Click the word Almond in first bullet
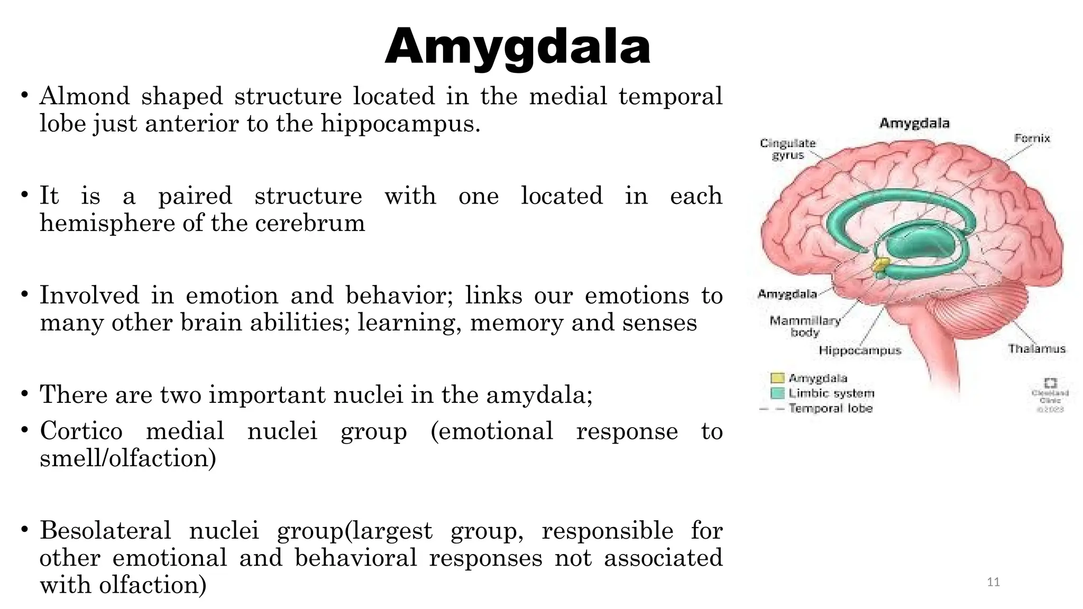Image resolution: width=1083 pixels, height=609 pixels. pyautogui.click(x=85, y=97)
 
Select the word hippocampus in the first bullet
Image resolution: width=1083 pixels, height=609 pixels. pyautogui.click(x=400, y=124)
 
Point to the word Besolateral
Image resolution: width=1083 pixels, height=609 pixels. pyautogui.click(x=105, y=531)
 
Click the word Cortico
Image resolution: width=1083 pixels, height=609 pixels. pyautogui.click(x=81, y=431)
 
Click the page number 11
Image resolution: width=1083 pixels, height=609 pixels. pyautogui.click(x=993, y=583)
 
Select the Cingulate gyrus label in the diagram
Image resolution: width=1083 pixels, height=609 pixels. pyautogui.click(x=787, y=149)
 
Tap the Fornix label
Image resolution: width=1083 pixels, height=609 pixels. pyautogui.click(x=1032, y=139)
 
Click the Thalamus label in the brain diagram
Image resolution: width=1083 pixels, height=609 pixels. pyautogui.click(x=1036, y=349)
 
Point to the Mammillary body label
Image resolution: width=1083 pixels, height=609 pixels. pyautogui.click(x=804, y=326)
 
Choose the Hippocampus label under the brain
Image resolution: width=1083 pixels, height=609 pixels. pyautogui.click(x=859, y=350)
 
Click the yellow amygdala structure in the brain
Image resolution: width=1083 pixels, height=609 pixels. pyautogui.click(x=880, y=264)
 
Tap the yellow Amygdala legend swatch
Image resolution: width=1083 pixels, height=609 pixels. pyautogui.click(x=777, y=378)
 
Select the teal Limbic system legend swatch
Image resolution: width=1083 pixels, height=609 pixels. pyautogui.click(x=777, y=393)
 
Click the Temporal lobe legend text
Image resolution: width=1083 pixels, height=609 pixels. pyautogui.click(x=830, y=409)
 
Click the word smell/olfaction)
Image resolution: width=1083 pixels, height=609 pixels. pyautogui.click(x=128, y=458)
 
